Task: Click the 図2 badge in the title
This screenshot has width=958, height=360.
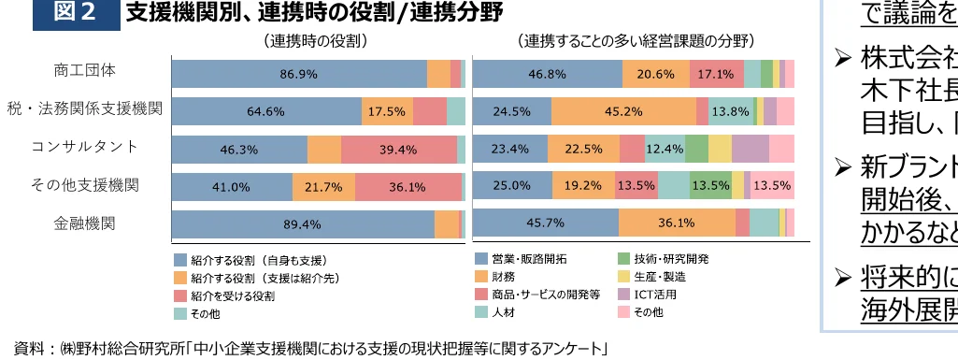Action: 75,13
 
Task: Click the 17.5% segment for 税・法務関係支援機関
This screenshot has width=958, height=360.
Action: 386,111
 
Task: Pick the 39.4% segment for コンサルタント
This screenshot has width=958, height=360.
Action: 398,150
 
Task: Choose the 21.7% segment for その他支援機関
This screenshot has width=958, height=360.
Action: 323,187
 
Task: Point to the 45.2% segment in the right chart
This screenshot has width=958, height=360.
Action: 623,111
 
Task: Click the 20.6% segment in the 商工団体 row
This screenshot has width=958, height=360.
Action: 656,73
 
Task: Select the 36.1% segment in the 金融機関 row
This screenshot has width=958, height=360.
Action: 677,223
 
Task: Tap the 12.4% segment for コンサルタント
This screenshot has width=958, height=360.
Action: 665,149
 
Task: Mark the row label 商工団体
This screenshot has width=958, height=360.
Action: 85,71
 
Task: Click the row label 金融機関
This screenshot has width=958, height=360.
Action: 85,223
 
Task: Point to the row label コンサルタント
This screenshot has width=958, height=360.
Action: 85,147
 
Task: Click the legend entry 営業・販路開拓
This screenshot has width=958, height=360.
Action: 529,259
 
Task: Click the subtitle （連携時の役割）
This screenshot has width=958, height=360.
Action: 314,41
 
